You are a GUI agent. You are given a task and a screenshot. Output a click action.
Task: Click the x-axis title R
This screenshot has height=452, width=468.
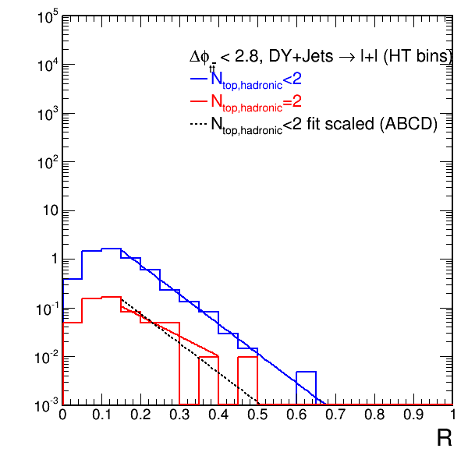click(445, 438)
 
